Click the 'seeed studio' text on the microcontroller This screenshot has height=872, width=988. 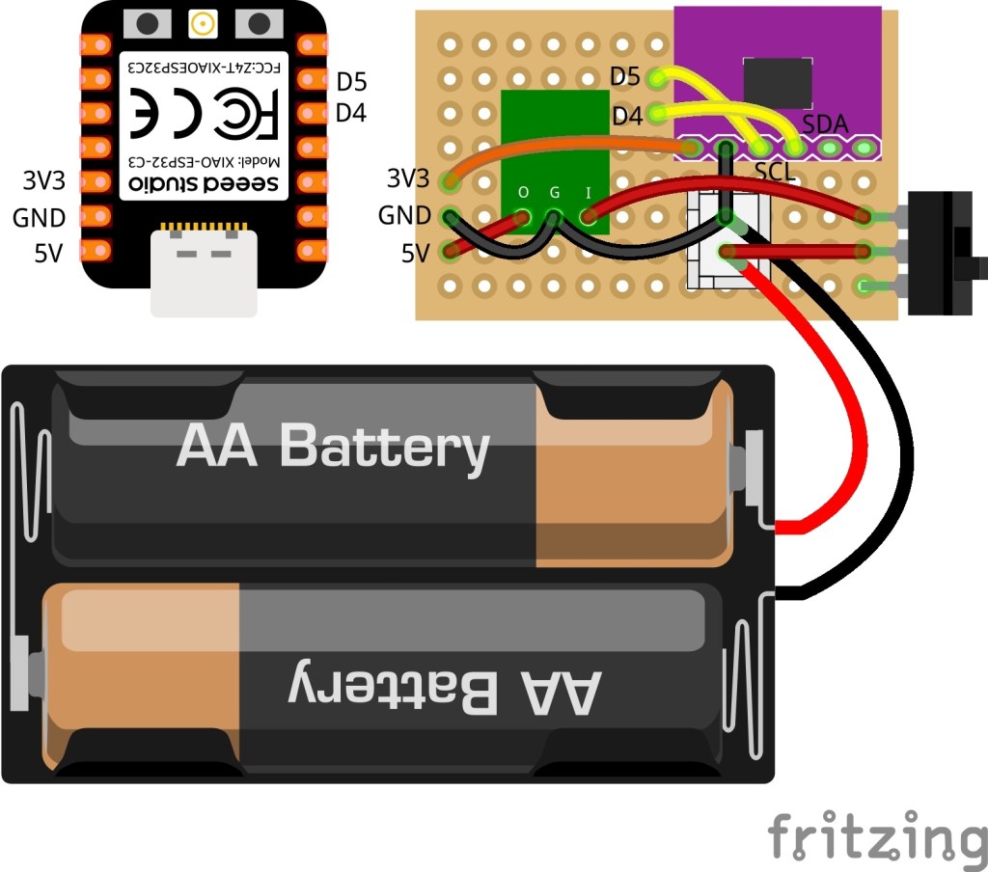pos(203,182)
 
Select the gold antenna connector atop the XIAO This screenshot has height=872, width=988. pos(203,23)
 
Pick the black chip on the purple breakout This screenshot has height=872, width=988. pos(776,83)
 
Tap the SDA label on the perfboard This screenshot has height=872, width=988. pos(826,123)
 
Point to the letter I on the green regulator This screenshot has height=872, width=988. pos(588,192)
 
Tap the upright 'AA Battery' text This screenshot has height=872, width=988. pos(333,447)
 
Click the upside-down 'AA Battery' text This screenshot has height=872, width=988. pos(444,689)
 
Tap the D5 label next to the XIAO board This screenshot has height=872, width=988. pos(351,82)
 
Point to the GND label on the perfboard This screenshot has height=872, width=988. pos(403,215)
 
